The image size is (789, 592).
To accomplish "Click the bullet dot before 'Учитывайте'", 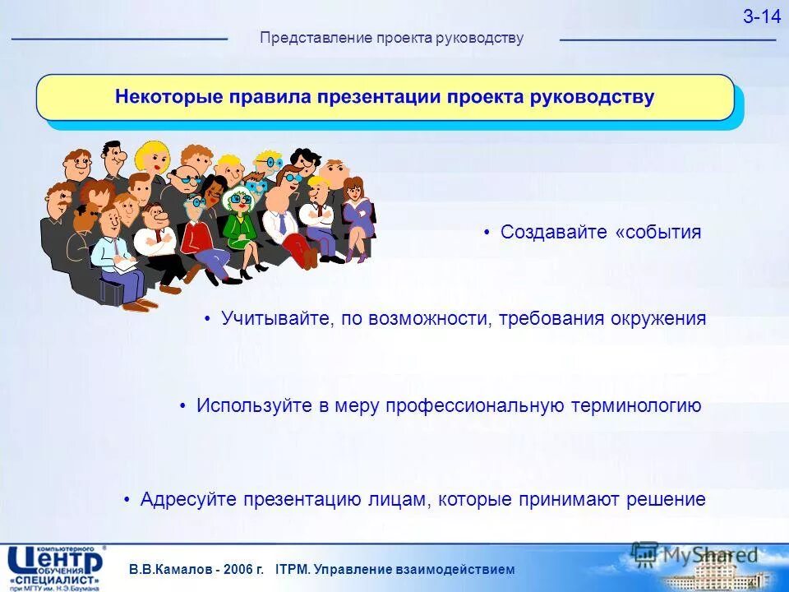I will coord(209,319).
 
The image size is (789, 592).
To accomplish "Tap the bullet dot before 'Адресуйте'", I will coord(127,499).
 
